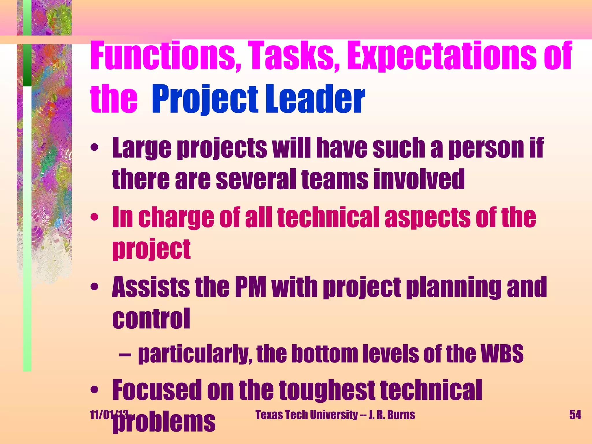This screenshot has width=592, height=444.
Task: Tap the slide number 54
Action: click(575, 415)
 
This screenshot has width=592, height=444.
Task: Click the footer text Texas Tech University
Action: click(307, 415)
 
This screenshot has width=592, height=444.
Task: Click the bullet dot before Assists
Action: click(94, 287)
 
